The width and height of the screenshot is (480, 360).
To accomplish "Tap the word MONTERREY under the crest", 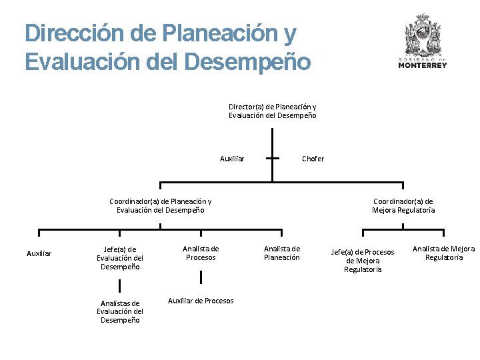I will click(x=423, y=65).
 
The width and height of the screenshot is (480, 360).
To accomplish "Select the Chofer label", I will click(x=313, y=159).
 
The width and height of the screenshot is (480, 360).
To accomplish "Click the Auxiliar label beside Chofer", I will click(x=232, y=159).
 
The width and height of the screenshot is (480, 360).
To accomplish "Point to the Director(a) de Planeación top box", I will click(x=272, y=111).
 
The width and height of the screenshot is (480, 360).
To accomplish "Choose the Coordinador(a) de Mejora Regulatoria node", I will click(x=403, y=205).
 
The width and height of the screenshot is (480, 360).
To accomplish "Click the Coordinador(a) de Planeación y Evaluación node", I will click(x=161, y=205).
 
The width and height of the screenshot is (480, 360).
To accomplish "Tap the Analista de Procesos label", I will click(x=201, y=253).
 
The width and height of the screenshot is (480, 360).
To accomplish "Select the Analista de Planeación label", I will click(x=282, y=253).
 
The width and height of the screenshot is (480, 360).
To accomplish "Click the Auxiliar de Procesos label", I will click(x=201, y=301).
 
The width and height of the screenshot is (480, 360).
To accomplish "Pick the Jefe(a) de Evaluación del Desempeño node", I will click(x=120, y=258).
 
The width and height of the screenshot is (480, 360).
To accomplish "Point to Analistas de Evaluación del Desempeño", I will click(x=120, y=311).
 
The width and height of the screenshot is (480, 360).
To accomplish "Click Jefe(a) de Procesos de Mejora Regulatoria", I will click(x=363, y=261).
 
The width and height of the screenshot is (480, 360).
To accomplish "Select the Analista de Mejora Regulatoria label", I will click(x=443, y=253).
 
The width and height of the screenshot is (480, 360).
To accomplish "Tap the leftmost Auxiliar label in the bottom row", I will click(x=39, y=253).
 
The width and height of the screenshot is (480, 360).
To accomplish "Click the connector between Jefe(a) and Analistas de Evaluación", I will click(x=120, y=285).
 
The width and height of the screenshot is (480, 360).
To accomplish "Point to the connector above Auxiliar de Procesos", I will click(x=201, y=277).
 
